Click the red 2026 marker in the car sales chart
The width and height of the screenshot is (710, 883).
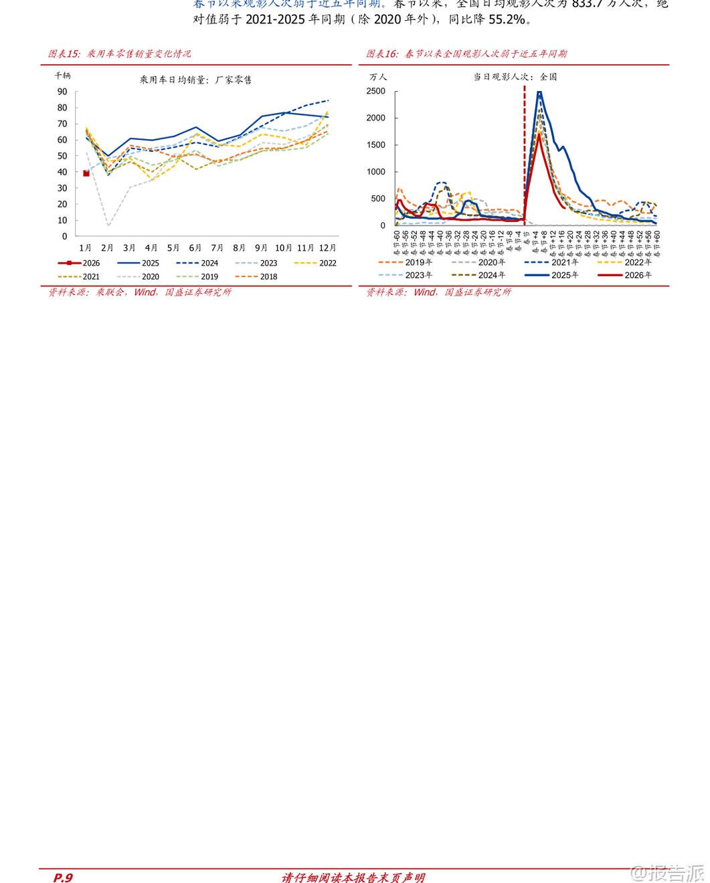(86, 173)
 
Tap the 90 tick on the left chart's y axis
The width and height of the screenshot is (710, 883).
(62, 92)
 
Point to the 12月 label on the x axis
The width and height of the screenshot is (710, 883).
(327, 248)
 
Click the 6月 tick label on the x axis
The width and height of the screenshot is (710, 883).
(195, 248)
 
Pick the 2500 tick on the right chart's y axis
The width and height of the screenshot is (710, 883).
(376, 92)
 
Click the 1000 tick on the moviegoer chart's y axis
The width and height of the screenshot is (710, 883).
(376, 172)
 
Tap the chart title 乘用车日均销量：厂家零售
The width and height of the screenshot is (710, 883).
(195, 80)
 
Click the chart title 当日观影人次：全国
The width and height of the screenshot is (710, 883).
(515, 77)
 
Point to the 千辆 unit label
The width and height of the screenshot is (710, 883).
(62, 76)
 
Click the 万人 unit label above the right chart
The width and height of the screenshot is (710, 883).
(377, 77)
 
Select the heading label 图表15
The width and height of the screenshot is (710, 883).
(64, 54)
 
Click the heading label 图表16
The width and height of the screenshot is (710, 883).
(381, 54)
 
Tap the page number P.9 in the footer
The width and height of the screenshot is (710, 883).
(63, 878)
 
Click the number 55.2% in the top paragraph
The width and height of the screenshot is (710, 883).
(507, 19)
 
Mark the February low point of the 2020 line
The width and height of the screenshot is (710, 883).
(108, 225)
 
